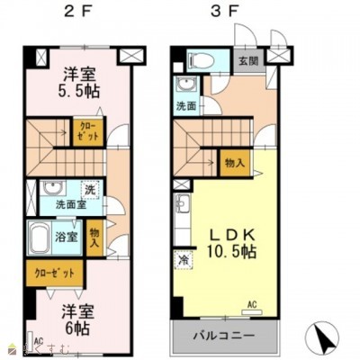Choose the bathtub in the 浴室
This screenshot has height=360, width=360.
(45, 241)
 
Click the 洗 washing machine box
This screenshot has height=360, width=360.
(89, 190)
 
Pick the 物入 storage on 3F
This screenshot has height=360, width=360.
(232, 163)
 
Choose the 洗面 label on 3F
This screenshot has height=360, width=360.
(186, 105)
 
